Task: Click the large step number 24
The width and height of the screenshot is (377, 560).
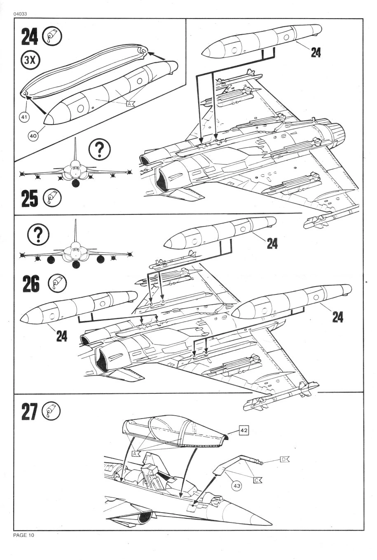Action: click(x=29, y=37)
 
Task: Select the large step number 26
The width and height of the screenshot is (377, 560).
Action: click(x=30, y=284)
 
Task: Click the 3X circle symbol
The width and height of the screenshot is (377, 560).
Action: click(x=29, y=60)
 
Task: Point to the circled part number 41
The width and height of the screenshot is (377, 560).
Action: click(x=24, y=118)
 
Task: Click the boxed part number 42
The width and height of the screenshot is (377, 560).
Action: click(x=244, y=431)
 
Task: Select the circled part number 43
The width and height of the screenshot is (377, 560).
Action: click(x=237, y=486)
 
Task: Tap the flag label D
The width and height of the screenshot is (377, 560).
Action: click(x=285, y=459)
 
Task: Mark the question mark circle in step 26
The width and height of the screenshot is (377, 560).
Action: click(x=38, y=235)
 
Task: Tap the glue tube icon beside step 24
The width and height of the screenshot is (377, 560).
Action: click(x=53, y=36)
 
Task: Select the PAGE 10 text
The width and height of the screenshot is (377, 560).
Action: click(x=24, y=535)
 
